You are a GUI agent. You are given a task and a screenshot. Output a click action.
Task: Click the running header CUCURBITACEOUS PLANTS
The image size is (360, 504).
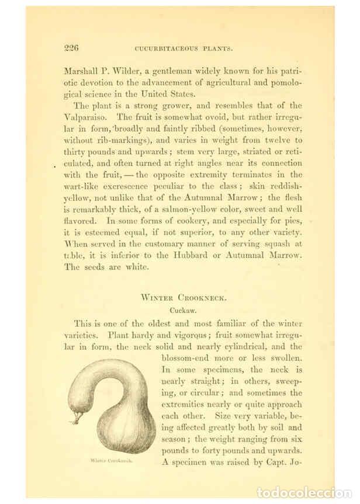(x=184, y=48)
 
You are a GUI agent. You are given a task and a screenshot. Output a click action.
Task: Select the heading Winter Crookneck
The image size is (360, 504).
(x=184, y=297)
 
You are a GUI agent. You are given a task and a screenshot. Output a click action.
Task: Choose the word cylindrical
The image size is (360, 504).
(x=244, y=346)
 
